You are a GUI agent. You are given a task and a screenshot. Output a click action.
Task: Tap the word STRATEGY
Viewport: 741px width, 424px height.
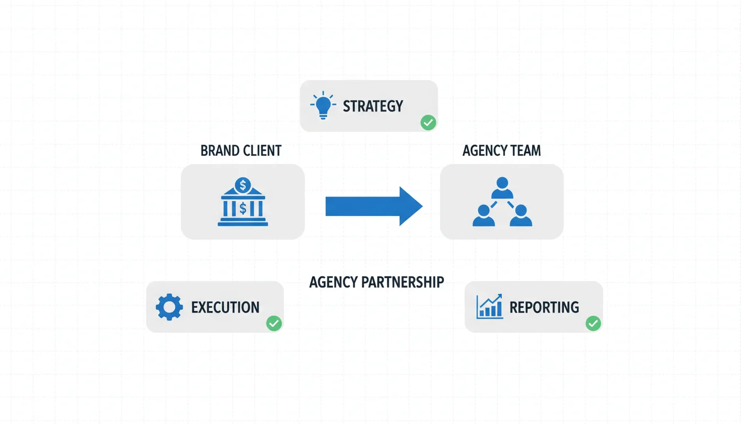pyautogui.click(x=373, y=106)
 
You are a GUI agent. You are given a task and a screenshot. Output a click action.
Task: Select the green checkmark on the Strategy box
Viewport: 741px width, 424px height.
pyautogui.click(x=428, y=123)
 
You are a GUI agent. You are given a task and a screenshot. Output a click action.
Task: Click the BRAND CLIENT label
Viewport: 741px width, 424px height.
pyautogui.click(x=241, y=151)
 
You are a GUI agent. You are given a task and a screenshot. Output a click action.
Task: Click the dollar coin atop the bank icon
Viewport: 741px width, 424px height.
pyautogui.click(x=242, y=184)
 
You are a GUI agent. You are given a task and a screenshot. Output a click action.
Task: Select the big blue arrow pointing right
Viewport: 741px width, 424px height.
pyautogui.click(x=374, y=206)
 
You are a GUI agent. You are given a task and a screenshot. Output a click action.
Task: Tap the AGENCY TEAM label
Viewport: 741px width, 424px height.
pyautogui.click(x=501, y=151)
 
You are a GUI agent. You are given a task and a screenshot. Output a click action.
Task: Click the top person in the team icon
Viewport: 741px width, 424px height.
pyautogui.click(x=502, y=187)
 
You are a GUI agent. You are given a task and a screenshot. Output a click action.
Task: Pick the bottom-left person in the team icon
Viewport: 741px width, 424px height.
pyautogui.click(x=484, y=215)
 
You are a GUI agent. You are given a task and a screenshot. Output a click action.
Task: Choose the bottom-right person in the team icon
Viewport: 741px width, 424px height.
pyautogui.click(x=520, y=215)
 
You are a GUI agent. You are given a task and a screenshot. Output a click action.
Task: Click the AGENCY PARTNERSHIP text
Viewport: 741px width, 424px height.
pyautogui.click(x=377, y=282)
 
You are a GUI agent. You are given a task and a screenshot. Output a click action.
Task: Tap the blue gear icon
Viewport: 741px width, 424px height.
pyautogui.click(x=169, y=307)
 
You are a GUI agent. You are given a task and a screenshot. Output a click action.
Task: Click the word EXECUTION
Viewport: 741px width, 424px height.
pyautogui.click(x=225, y=308)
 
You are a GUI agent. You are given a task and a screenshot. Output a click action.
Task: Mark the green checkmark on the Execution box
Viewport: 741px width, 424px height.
pyautogui.click(x=273, y=324)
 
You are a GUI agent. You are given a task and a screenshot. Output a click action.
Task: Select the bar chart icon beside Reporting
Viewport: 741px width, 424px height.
pyautogui.click(x=490, y=306)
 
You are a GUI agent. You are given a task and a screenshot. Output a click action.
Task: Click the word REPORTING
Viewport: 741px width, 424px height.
pyautogui.click(x=544, y=308)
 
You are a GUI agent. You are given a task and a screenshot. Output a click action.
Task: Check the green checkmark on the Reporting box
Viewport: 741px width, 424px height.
pyautogui.click(x=593, y=324)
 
